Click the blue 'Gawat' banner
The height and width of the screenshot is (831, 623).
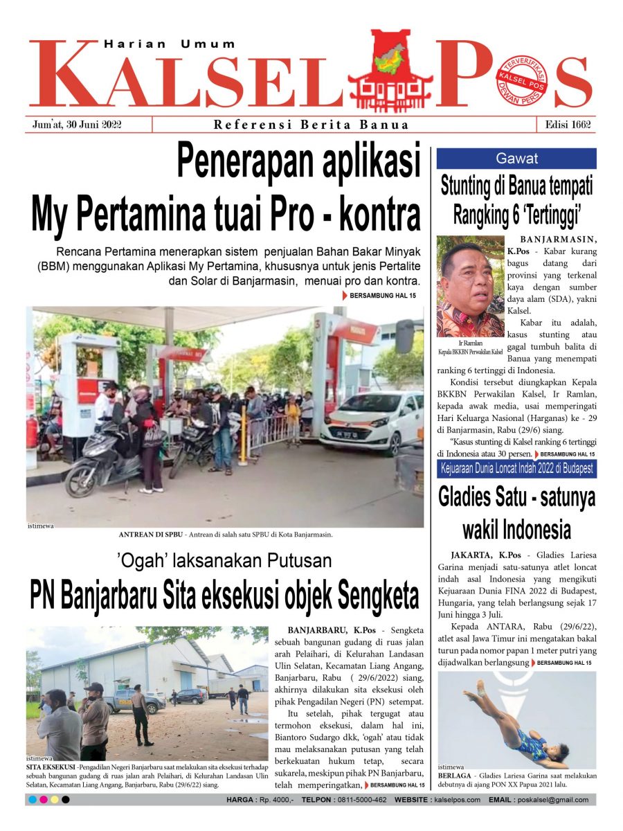click(516, 159)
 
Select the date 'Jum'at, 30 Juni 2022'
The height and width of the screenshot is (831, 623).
click(77, 125)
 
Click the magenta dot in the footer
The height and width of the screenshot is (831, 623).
click(44, 800)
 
